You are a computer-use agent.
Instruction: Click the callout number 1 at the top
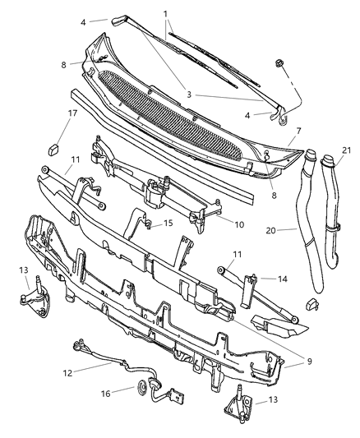(x=166, y=14)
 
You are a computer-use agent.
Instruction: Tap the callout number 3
(x=189, y=95)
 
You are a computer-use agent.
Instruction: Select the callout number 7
(x=298, y=131)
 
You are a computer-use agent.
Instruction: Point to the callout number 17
(x=73, y=113)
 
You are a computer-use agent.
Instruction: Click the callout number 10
(x=239, y=224)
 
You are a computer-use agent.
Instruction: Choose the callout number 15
(x=168, y=223)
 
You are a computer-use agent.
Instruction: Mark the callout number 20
(x=271, y=231)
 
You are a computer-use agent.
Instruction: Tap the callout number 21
(x=346, y=150)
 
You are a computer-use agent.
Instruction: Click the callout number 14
(x=283, y=279)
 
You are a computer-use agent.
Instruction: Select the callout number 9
(x=309, y=362)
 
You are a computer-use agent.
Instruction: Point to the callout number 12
(x=68, y=373)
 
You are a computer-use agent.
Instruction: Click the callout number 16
(x=106, y=394)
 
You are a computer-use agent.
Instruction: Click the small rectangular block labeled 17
(x=54, y=150)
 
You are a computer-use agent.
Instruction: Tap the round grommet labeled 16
(x=142, y=388)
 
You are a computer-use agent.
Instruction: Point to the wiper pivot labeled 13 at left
(x=35, y=297)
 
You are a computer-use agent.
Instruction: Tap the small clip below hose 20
(x=312, y=303)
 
